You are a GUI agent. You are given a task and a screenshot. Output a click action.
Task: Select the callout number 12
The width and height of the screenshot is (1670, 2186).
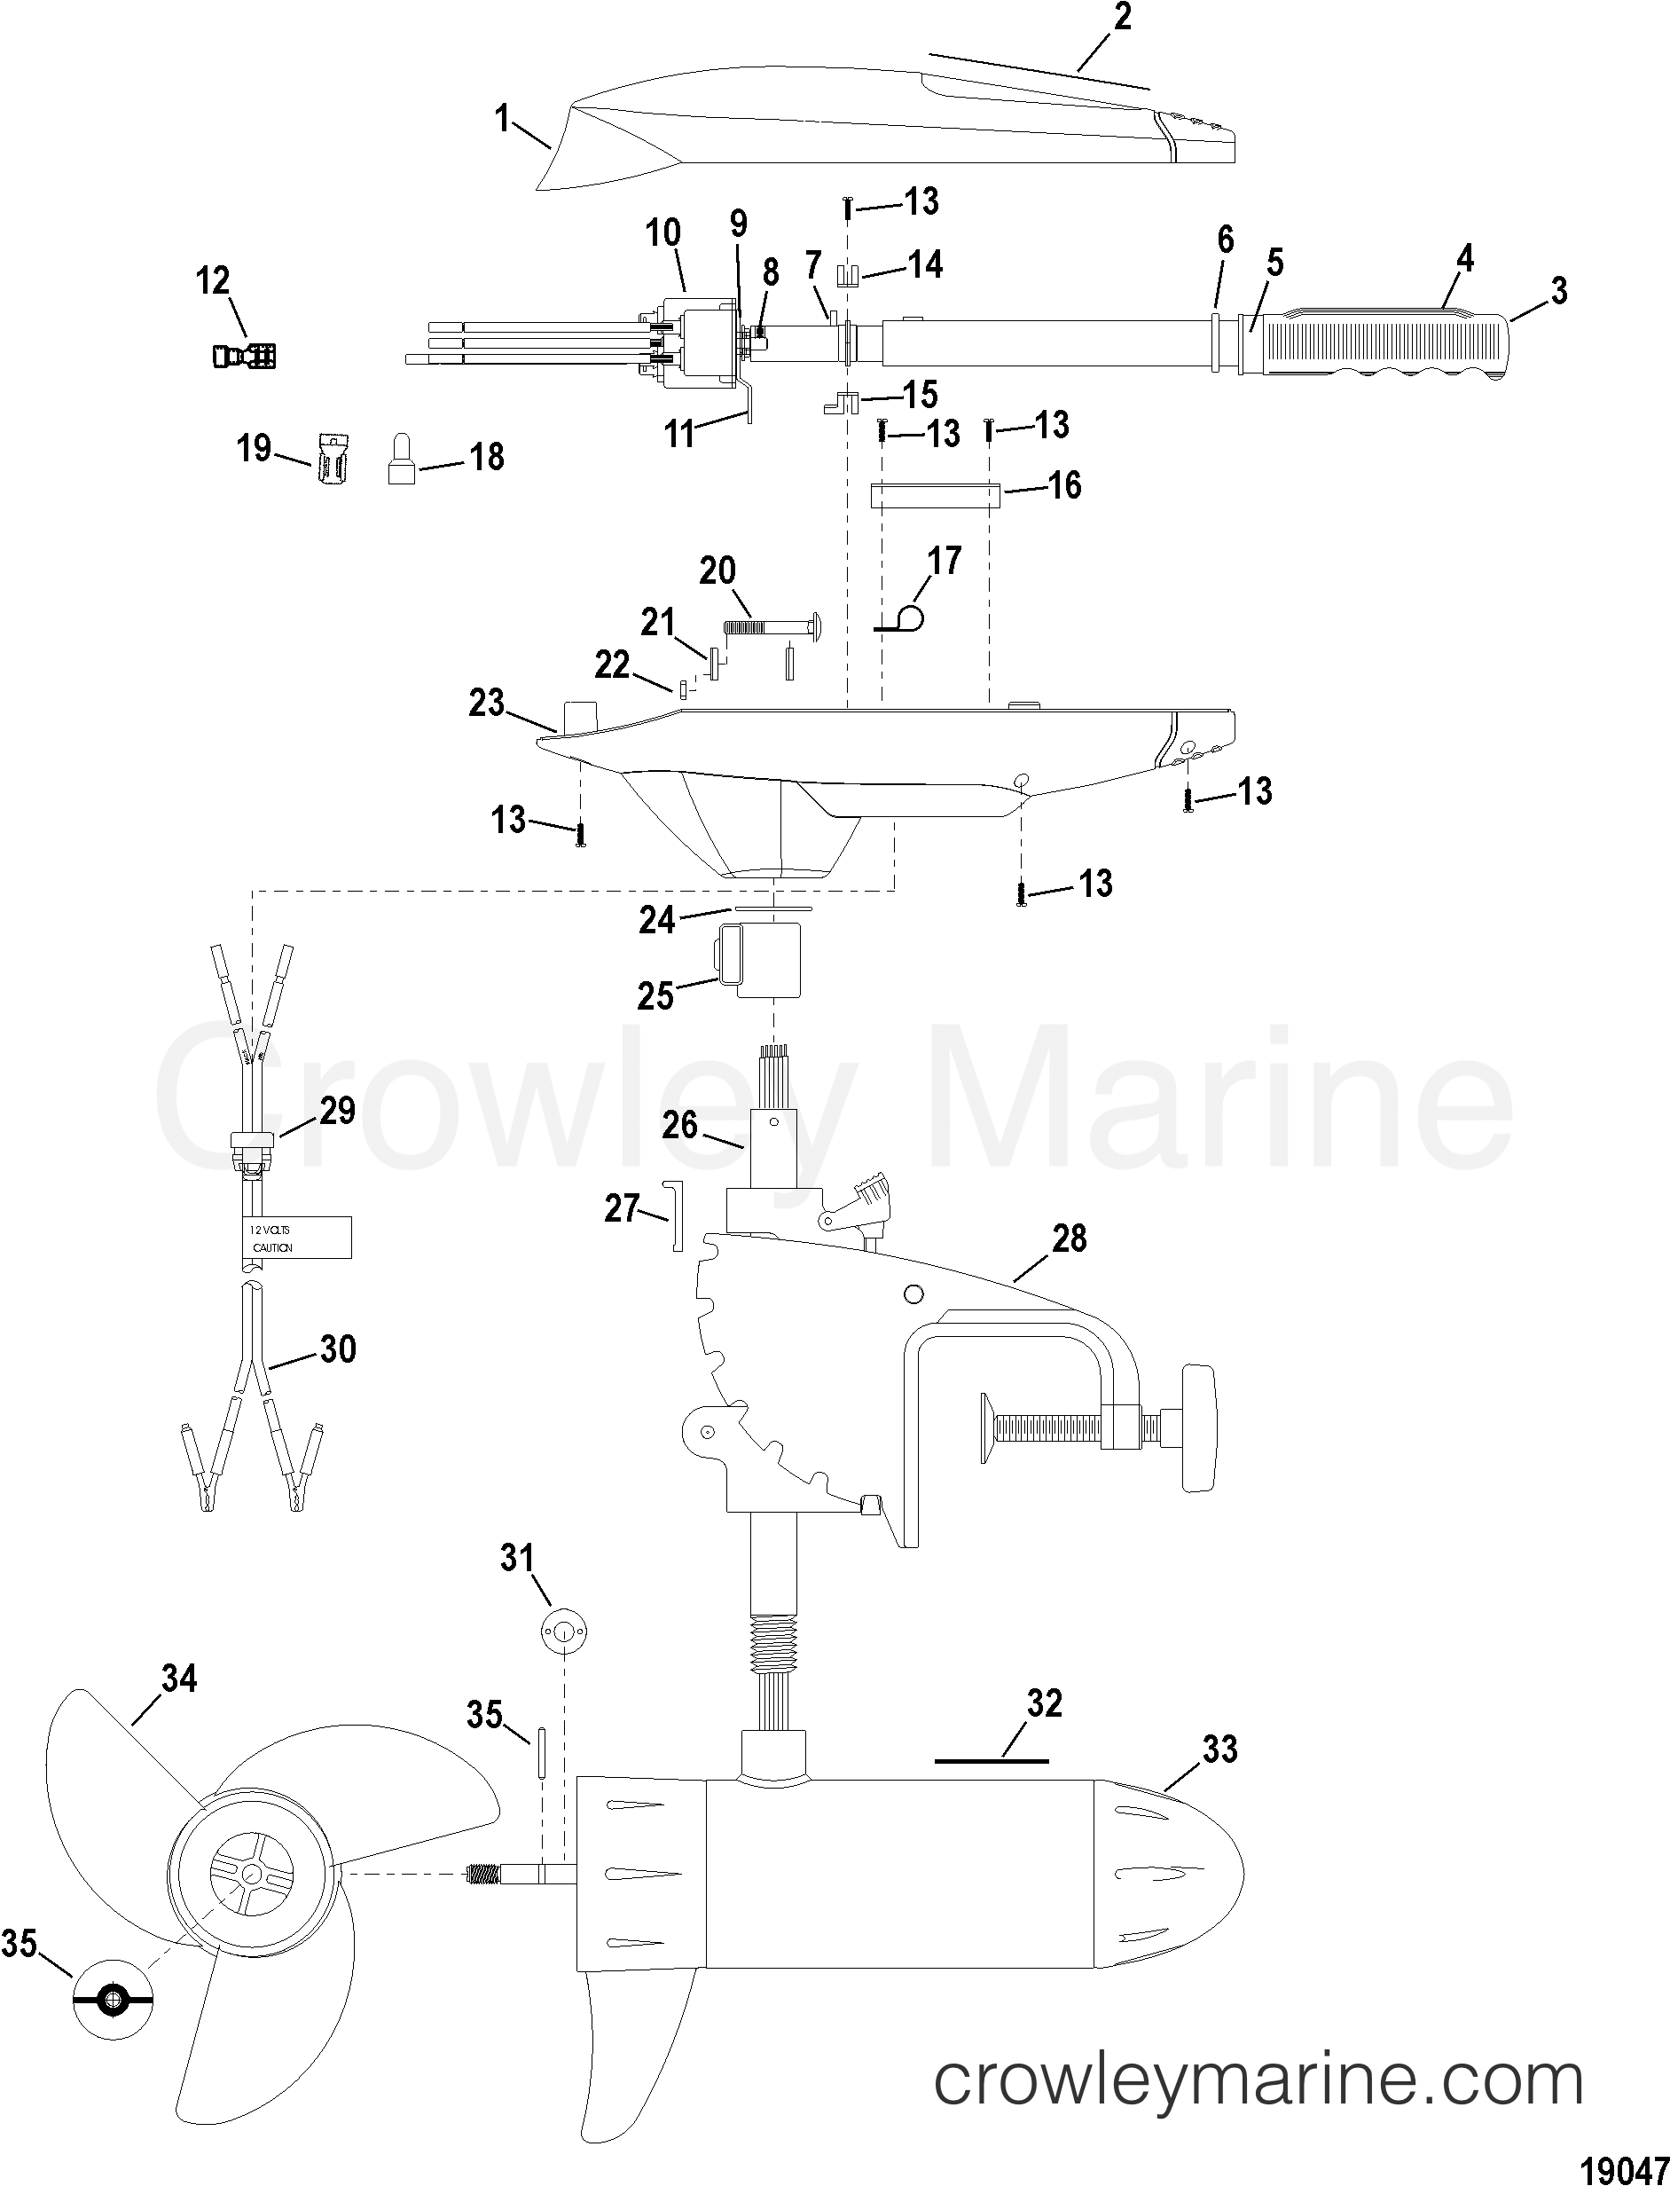click(x=213, y=281)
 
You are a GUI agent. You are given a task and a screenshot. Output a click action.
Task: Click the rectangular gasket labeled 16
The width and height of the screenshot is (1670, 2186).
click(x=935, y=494)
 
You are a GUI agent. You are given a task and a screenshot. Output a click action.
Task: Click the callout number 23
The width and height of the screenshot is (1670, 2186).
click(x=487, y=703)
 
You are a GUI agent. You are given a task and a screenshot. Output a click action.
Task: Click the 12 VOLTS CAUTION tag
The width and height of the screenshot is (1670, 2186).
click(x=297, y=1238)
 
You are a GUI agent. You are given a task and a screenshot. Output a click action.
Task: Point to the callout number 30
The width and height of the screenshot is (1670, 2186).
click(x=337, y=1349)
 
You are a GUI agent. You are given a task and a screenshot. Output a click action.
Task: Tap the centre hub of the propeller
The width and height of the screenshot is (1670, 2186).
click(x=249, y=1874)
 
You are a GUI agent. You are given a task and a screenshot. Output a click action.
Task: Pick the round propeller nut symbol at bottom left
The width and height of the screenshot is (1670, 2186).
click(x=114, y=1999)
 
